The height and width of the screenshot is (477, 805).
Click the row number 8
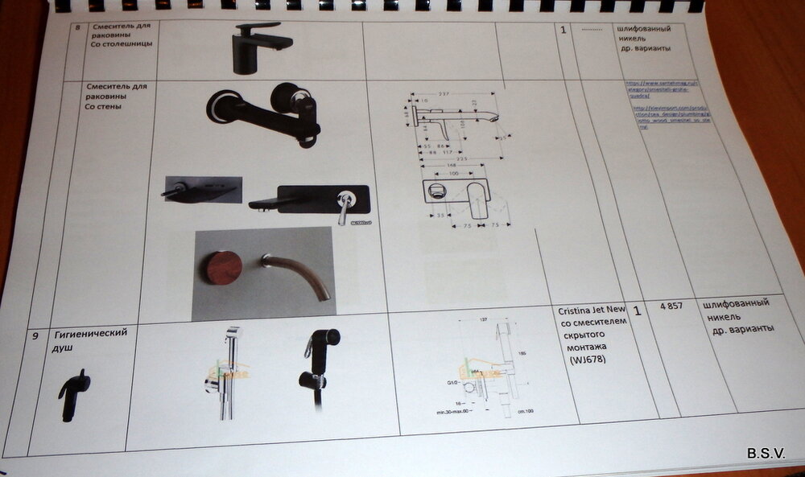coord(76,27)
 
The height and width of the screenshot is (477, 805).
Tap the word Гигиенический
coord(90,333)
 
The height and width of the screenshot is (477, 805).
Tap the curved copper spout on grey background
coord(299,274)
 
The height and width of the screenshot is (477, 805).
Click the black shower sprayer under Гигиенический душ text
coord(74,394)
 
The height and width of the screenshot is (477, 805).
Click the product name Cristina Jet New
coord(592,310)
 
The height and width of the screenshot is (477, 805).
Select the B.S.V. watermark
coord(765,453)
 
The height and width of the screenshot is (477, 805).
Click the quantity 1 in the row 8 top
coord(563,31)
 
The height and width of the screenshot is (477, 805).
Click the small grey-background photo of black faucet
coord(203,190)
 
